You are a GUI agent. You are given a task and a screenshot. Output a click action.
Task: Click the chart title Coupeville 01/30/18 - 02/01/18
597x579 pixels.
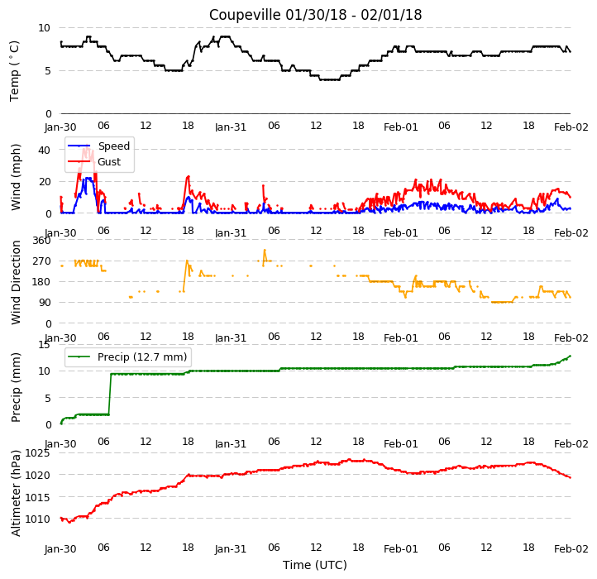[315, 15]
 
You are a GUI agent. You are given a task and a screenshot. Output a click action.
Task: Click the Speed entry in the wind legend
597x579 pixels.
[99, 146]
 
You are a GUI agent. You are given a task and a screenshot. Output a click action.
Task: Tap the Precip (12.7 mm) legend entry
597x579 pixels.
[127, 357]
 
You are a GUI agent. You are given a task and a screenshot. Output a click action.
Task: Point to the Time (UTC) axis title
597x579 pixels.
[315, 565]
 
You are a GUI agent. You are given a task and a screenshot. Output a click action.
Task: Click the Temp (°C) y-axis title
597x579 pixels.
[14, 71]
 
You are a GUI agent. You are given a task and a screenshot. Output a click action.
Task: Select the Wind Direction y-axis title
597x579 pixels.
[16, 282]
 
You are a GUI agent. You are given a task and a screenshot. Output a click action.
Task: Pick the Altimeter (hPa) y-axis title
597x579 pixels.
[16, 494]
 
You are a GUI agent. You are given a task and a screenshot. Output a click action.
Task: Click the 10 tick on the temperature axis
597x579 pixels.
[44, 28]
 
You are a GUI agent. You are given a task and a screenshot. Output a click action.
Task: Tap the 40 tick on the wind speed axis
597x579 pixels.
[44, 150]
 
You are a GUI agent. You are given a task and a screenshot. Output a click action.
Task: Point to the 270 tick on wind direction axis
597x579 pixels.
[42, 261]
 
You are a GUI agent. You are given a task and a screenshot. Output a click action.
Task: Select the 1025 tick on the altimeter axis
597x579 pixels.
[37, 453]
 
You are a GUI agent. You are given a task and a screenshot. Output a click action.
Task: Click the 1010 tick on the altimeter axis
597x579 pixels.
[37, 519]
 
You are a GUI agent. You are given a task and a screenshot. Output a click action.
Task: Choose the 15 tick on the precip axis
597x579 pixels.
[44, 345]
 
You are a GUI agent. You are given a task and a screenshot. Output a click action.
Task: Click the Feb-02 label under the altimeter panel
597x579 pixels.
[571, 549]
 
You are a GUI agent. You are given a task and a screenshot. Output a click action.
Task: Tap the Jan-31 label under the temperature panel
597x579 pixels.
[231, 127]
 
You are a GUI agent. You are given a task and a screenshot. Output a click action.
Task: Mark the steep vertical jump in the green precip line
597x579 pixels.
[110, 395]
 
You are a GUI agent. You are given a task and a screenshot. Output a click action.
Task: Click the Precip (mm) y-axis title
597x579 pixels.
[16, 387]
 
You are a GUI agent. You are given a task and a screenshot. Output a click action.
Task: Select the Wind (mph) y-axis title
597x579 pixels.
[16, 178]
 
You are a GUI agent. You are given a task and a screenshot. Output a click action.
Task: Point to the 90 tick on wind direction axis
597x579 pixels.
[45, 303]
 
